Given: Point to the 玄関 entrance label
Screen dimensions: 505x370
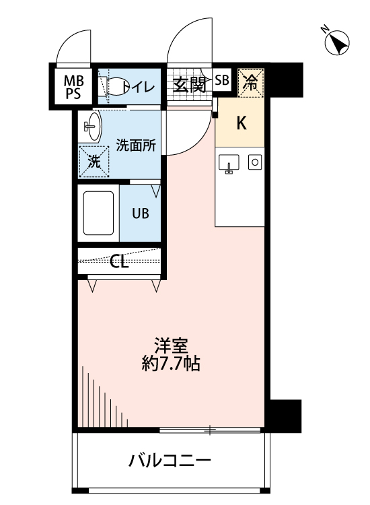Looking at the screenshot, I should pos(188,84).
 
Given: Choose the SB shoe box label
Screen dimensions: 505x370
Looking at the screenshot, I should pos(222,81).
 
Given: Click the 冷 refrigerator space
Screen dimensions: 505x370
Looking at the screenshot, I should pos(250,82).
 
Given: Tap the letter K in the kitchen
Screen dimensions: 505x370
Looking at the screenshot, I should pos(241,123).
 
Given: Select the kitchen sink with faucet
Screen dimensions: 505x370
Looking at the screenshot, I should pos(229,163).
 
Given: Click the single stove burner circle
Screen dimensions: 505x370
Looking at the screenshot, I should pos(255,162).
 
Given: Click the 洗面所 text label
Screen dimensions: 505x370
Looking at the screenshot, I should pos(137,145).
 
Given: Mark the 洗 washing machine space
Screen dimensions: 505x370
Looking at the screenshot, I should pos(94,161).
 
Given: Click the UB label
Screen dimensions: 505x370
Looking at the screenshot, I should pos(141,214).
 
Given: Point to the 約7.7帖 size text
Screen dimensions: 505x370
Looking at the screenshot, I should pos(170,365).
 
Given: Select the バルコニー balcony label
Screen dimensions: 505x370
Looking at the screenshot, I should pos(170,462).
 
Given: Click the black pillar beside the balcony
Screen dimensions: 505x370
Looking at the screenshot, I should pos(285,414).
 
